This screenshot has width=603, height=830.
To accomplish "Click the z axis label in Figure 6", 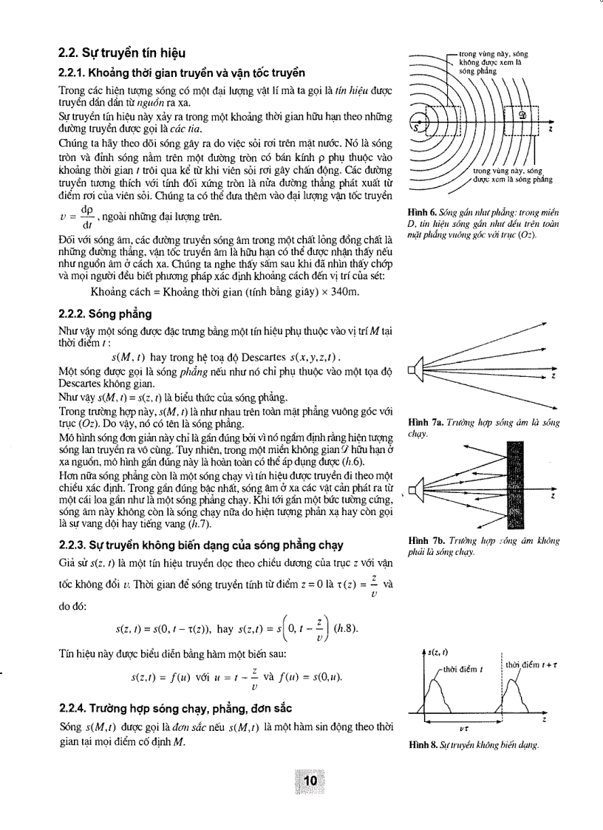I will (551, 129).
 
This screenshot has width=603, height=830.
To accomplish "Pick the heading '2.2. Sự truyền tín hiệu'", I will (122, 52).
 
